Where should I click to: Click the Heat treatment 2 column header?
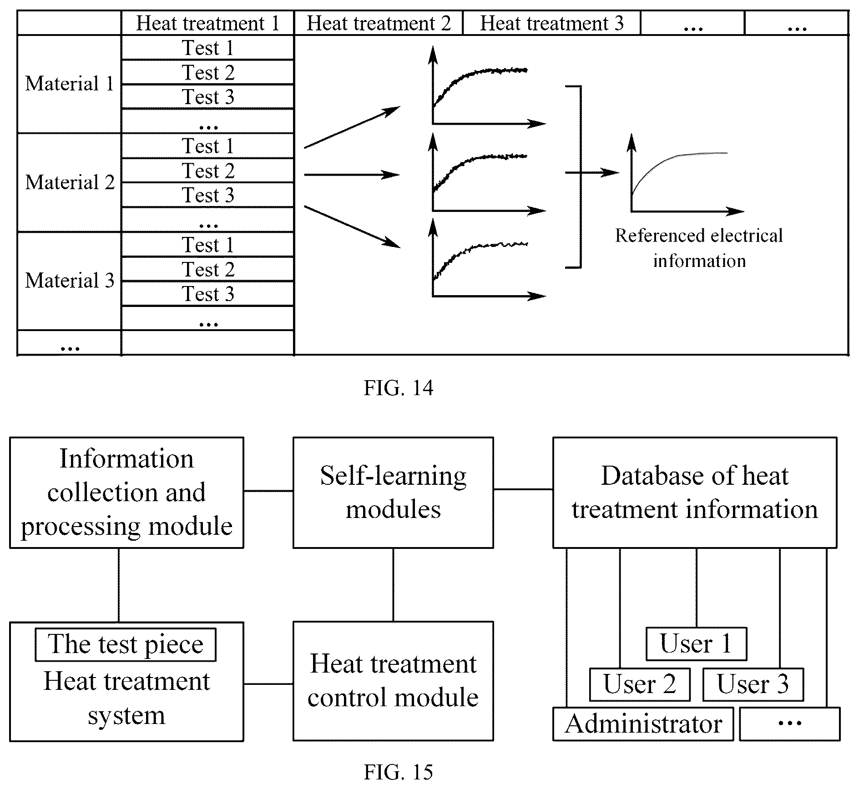click(379, 23)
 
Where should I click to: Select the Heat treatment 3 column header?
click(551, 23)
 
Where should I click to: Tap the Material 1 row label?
click(70, 84)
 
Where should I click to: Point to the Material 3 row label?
click(70, 281)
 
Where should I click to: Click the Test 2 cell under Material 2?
click(208, 171)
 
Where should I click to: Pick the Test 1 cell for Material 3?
click(208, 245)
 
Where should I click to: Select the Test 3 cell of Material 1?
click(208, 96)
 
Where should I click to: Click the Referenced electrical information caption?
click(699, 248)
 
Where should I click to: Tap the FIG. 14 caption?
click(399, 388)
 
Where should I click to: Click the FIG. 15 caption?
click(399, 772)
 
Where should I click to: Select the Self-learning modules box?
click(393, 492)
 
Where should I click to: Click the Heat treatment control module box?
click(393, 681)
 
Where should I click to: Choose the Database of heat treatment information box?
click(695, 492)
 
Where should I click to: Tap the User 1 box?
click(696, 644)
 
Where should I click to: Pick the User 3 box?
click(753, 684)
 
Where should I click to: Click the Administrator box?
click(643, 724)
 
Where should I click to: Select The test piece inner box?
click(126, 644)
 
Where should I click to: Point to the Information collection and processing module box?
click(126, 492)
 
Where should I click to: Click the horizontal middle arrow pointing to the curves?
click(352, 175)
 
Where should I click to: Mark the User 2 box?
click(640, 684)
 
